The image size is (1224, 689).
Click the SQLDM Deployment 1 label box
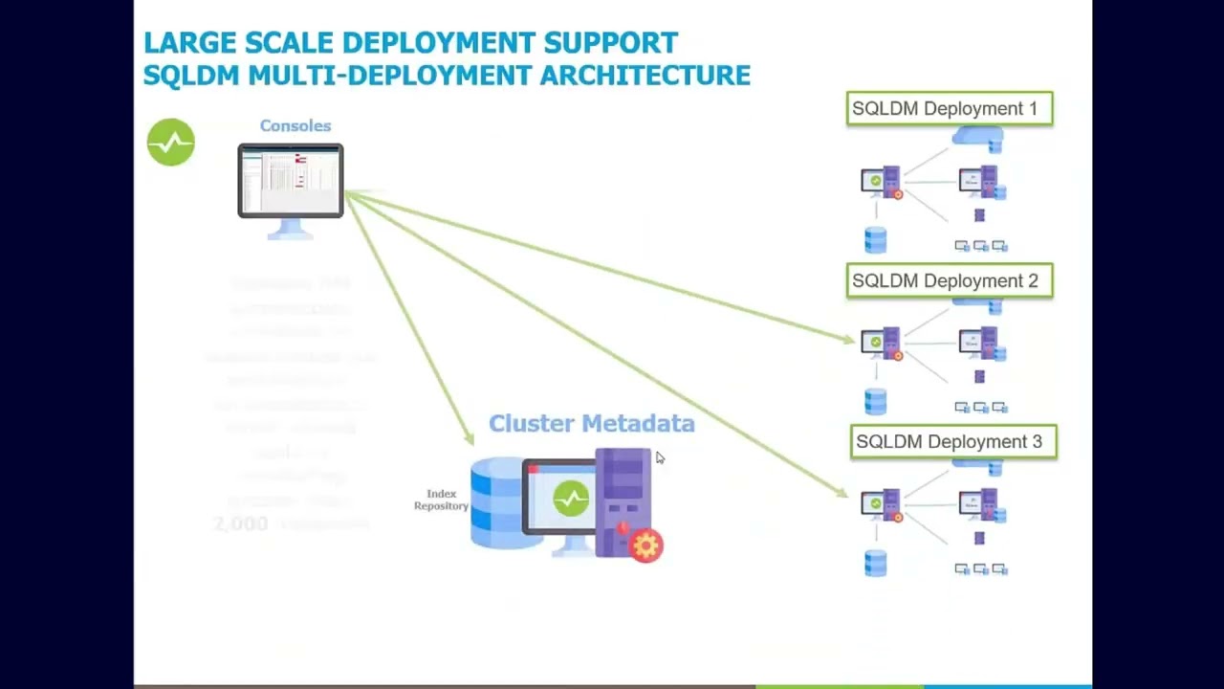950,109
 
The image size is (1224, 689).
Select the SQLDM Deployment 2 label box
950,281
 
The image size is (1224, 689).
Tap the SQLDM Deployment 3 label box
953,442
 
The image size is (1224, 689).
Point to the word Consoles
295,126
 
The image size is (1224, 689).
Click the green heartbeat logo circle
171,143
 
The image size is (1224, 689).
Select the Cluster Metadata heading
591,424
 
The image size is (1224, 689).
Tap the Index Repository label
441,500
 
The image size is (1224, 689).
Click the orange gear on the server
646,545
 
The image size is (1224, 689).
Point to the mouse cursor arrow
659,457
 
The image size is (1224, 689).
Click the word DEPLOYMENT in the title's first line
439,43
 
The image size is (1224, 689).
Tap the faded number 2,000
240,523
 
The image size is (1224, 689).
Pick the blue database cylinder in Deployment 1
875,239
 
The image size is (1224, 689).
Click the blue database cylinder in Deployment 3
875,563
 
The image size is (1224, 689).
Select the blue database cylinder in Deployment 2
875,400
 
